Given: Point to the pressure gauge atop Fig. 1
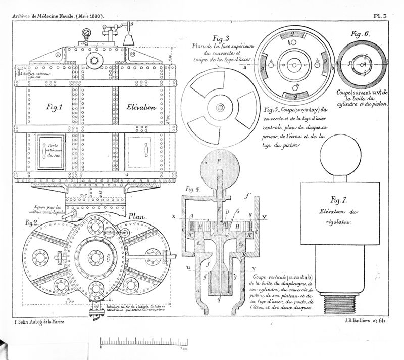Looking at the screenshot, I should (x=88, y=32).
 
